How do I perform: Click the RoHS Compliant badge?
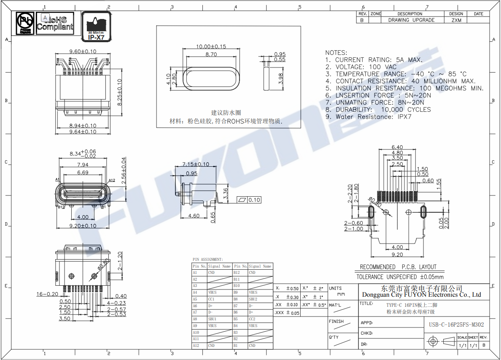pos(55,23)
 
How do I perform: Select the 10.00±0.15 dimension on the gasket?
pos(211,46)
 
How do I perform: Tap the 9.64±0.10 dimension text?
pos(83,132)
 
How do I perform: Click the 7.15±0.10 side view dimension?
pos(196,164)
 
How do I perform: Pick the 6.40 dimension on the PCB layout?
pos(397,147)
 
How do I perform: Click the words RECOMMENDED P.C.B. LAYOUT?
pos(398,267)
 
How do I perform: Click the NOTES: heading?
pos(336,53)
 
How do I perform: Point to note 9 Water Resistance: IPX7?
pos(368,117)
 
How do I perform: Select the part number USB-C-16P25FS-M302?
pos(456,325)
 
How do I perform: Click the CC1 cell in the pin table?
pos(212,299)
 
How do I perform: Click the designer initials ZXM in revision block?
pos(456,20)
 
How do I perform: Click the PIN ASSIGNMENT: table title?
pos(208,260)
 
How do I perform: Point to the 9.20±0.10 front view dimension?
pos(83,226)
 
